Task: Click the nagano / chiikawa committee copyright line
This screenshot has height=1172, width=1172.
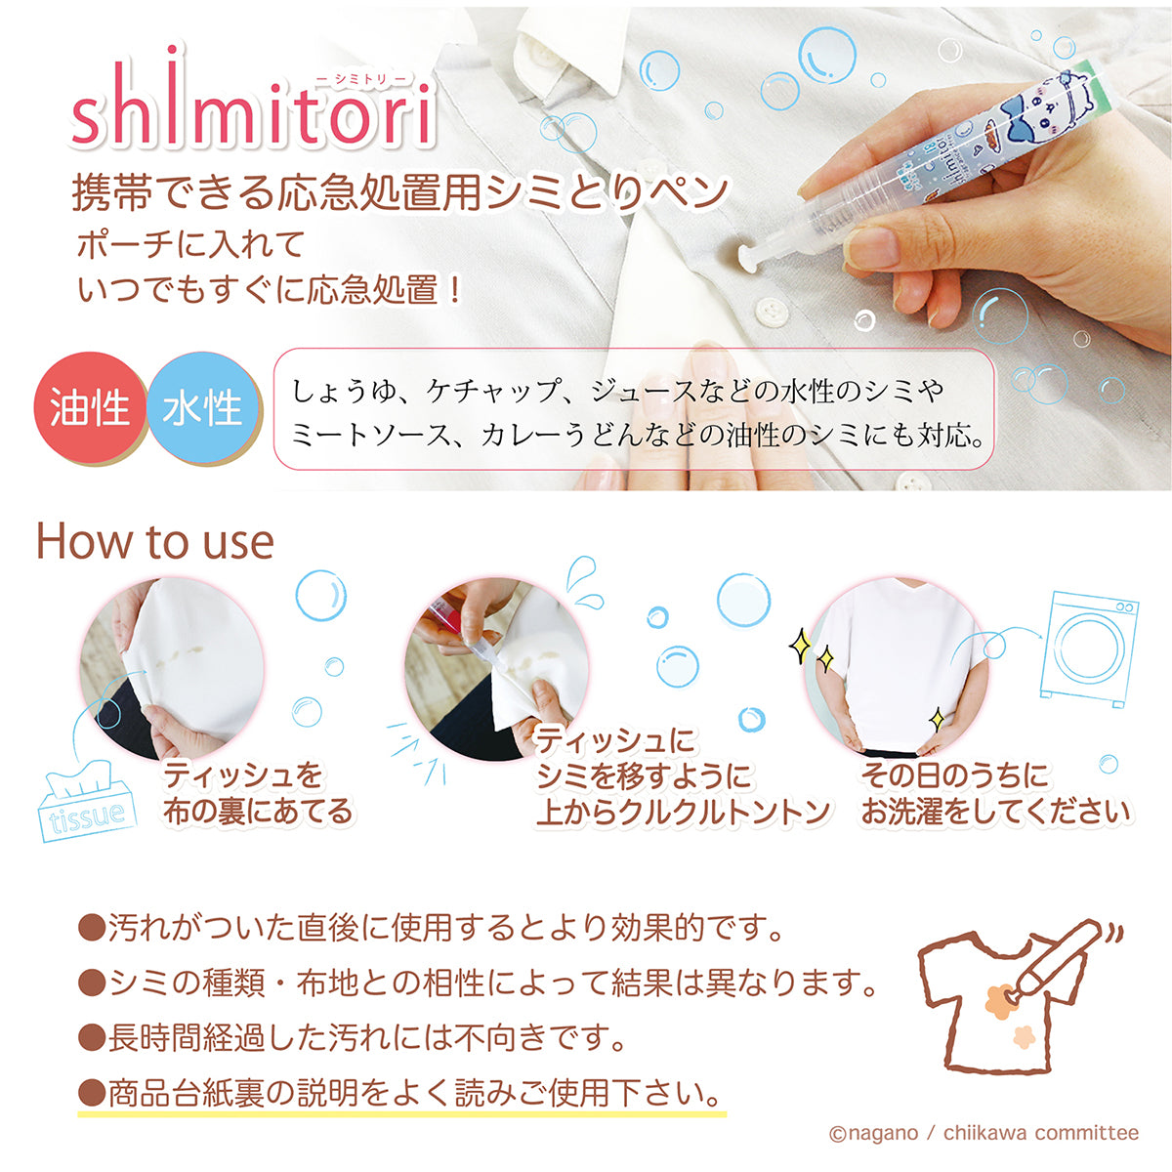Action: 984,1133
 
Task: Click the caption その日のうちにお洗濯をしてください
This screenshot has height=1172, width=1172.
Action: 994,793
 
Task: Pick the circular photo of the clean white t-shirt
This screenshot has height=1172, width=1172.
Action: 895,664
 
